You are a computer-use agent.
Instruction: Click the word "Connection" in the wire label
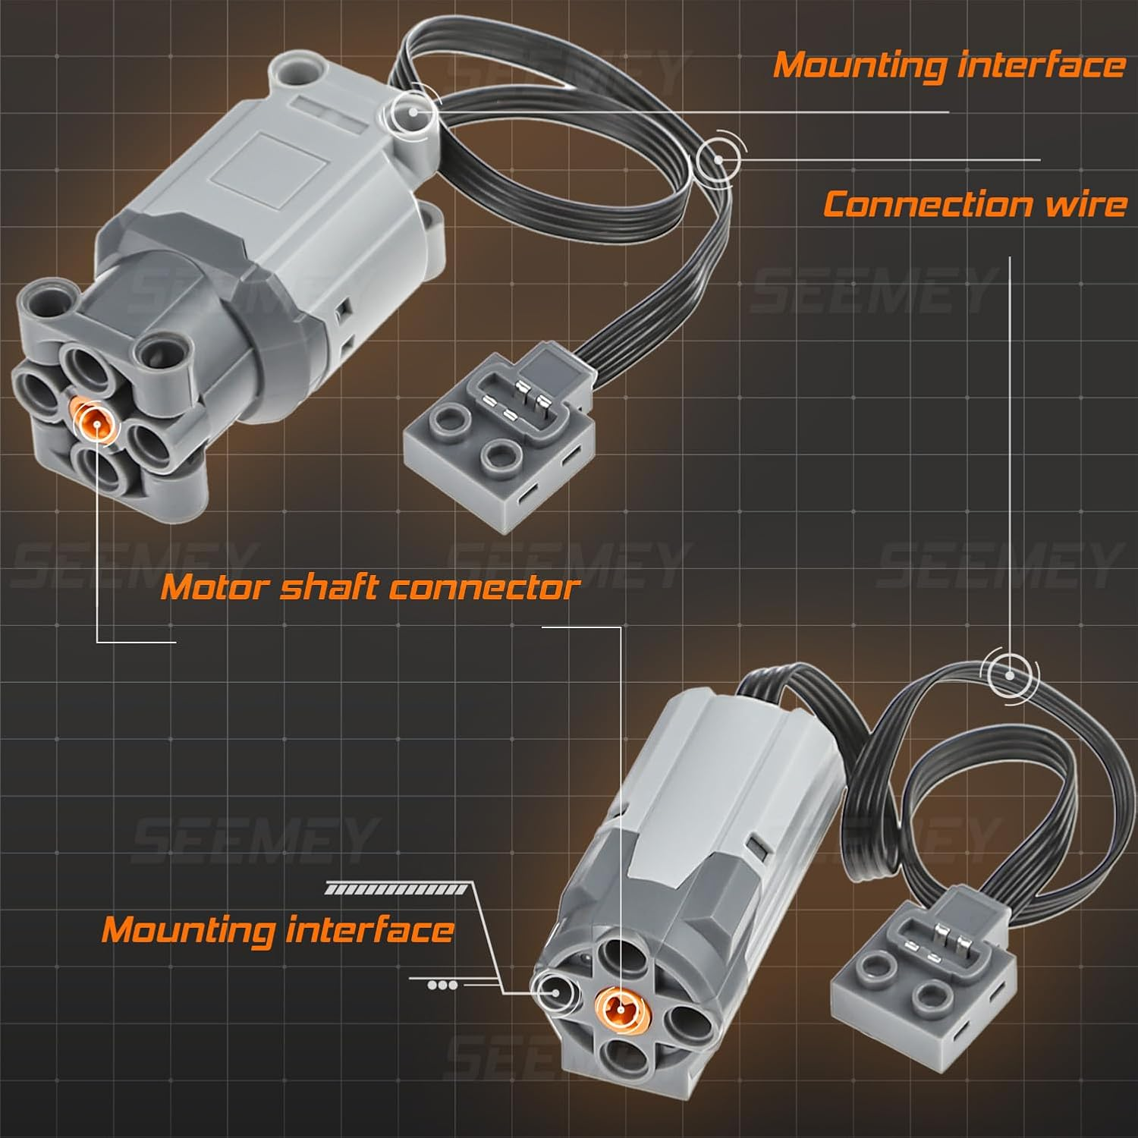(x=928, y=205)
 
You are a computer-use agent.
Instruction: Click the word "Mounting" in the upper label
(x=859, y=65)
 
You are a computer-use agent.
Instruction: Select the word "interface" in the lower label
(x=369, y=929)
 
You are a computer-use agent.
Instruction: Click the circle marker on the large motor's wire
(x=718, y=159)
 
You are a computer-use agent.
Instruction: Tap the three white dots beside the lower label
(x=442, y=986)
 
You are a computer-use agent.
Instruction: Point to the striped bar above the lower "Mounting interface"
(x=397, y=889)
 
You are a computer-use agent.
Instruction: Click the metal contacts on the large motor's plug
(x=527, y=401)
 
